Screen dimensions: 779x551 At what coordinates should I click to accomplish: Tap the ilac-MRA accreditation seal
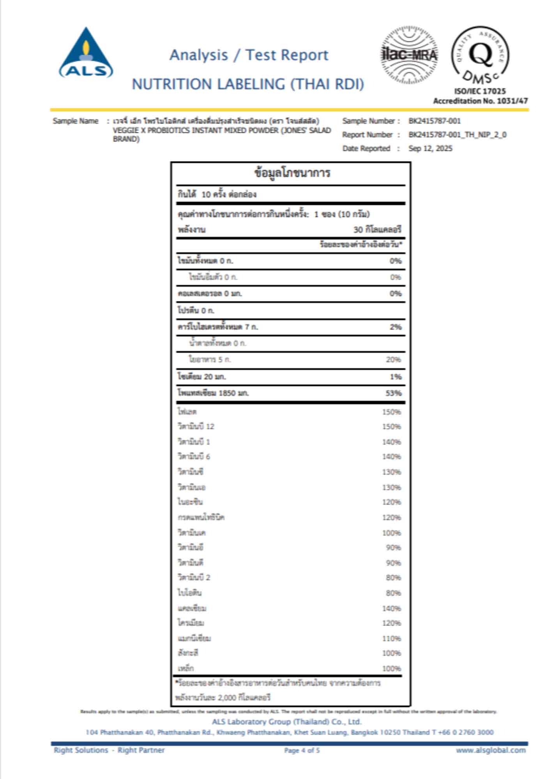click(409, 55)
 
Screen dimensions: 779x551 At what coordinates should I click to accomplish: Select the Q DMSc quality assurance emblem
click(480, 55)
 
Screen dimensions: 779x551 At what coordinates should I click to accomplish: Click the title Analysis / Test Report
click(249, 55)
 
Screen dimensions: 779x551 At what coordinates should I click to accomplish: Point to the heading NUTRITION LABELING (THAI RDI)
click(248, 84)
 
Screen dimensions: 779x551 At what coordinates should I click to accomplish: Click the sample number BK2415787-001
click(434, 121)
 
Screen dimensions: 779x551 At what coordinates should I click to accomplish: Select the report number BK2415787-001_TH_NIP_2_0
click(457, 135)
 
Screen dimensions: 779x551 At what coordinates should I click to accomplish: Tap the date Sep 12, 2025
click(430, 148)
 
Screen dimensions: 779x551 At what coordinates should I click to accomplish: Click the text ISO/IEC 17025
click(480, 91)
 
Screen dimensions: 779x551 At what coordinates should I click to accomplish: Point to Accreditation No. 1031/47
click(480, 101)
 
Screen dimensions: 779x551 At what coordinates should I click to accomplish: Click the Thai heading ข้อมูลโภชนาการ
click(292, 173)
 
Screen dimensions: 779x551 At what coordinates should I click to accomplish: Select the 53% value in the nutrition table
click(393, 393)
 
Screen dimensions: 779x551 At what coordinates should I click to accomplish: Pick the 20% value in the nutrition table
click(393, 360)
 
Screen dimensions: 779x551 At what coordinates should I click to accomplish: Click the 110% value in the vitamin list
click(391, 638)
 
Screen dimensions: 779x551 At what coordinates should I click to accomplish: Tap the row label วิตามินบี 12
click(196, 427)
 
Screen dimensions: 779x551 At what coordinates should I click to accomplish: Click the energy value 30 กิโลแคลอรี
click(377, 229)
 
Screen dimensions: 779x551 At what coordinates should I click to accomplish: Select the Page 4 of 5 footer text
click(302, 750)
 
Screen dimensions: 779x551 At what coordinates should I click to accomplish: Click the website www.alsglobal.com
click(491, 750)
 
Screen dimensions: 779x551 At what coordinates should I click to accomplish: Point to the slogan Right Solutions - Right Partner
click(109, 750)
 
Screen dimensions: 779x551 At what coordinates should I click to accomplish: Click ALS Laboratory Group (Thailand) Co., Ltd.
click(286, 722)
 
